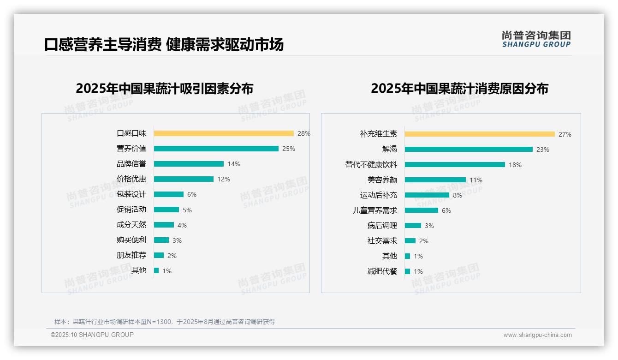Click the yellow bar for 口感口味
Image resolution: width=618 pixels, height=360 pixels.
click(x=224, y=133)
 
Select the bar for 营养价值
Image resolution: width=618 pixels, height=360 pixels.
click(x=216, y=149)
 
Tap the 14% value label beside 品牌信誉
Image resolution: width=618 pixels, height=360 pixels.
click(x=234, y=164)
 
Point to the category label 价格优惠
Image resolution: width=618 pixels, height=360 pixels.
click(x=131, y=179)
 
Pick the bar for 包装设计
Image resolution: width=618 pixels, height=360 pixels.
click(x=169, y=194)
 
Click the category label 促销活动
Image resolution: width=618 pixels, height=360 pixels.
click(x=131, y=210)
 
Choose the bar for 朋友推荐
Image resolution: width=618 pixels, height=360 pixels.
click(x=159, y=255)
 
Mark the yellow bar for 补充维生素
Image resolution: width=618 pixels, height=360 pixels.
click(x=480, y=134)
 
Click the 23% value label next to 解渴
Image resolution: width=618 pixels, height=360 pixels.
click(x=543, y=150)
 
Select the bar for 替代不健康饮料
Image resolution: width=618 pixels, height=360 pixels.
click(x=455, y=165)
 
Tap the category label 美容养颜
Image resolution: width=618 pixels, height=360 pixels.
click(x=382, y=180)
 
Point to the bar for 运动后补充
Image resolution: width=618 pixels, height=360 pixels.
click(x=427, y=195)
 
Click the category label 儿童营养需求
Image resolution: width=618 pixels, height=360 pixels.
click(x=375, y=210)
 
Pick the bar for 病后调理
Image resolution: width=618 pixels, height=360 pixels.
click(x=413, y=226)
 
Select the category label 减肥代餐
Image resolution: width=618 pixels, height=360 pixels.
click(x=382, y=271)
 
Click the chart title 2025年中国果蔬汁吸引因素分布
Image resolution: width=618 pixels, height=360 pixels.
click(x=165, y=89)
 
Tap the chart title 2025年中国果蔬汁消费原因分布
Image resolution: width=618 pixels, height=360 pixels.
click(x=459, y=89)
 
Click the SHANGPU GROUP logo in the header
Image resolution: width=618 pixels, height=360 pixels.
click(x=536, y=39)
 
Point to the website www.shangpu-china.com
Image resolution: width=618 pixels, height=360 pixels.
click(x=537, y=335)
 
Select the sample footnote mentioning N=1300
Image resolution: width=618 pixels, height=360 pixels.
click(x=165, y=322)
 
